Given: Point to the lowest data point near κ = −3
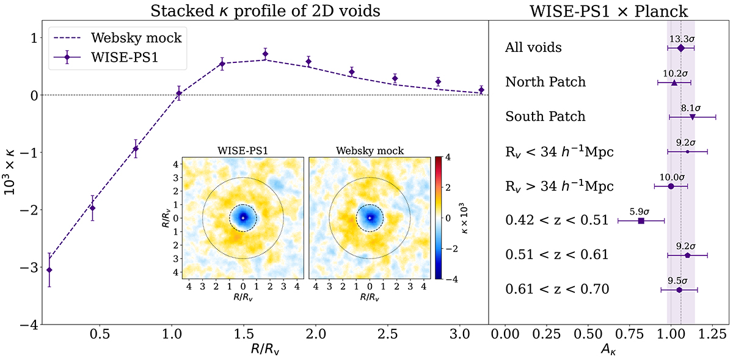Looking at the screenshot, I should [x=49, y=270].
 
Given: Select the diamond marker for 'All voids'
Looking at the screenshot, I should [x=681, y=47].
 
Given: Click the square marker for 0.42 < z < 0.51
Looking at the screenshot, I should [x=641, y=221].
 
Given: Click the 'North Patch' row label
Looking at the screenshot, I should [x=545, y=82].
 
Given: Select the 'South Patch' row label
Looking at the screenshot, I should [x=545, y=116].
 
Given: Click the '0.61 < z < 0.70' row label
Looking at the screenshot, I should [x=556, y=289].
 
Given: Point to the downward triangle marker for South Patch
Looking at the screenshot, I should [x=692, y=117].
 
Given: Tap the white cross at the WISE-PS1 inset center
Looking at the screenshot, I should [x=243, y=218].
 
